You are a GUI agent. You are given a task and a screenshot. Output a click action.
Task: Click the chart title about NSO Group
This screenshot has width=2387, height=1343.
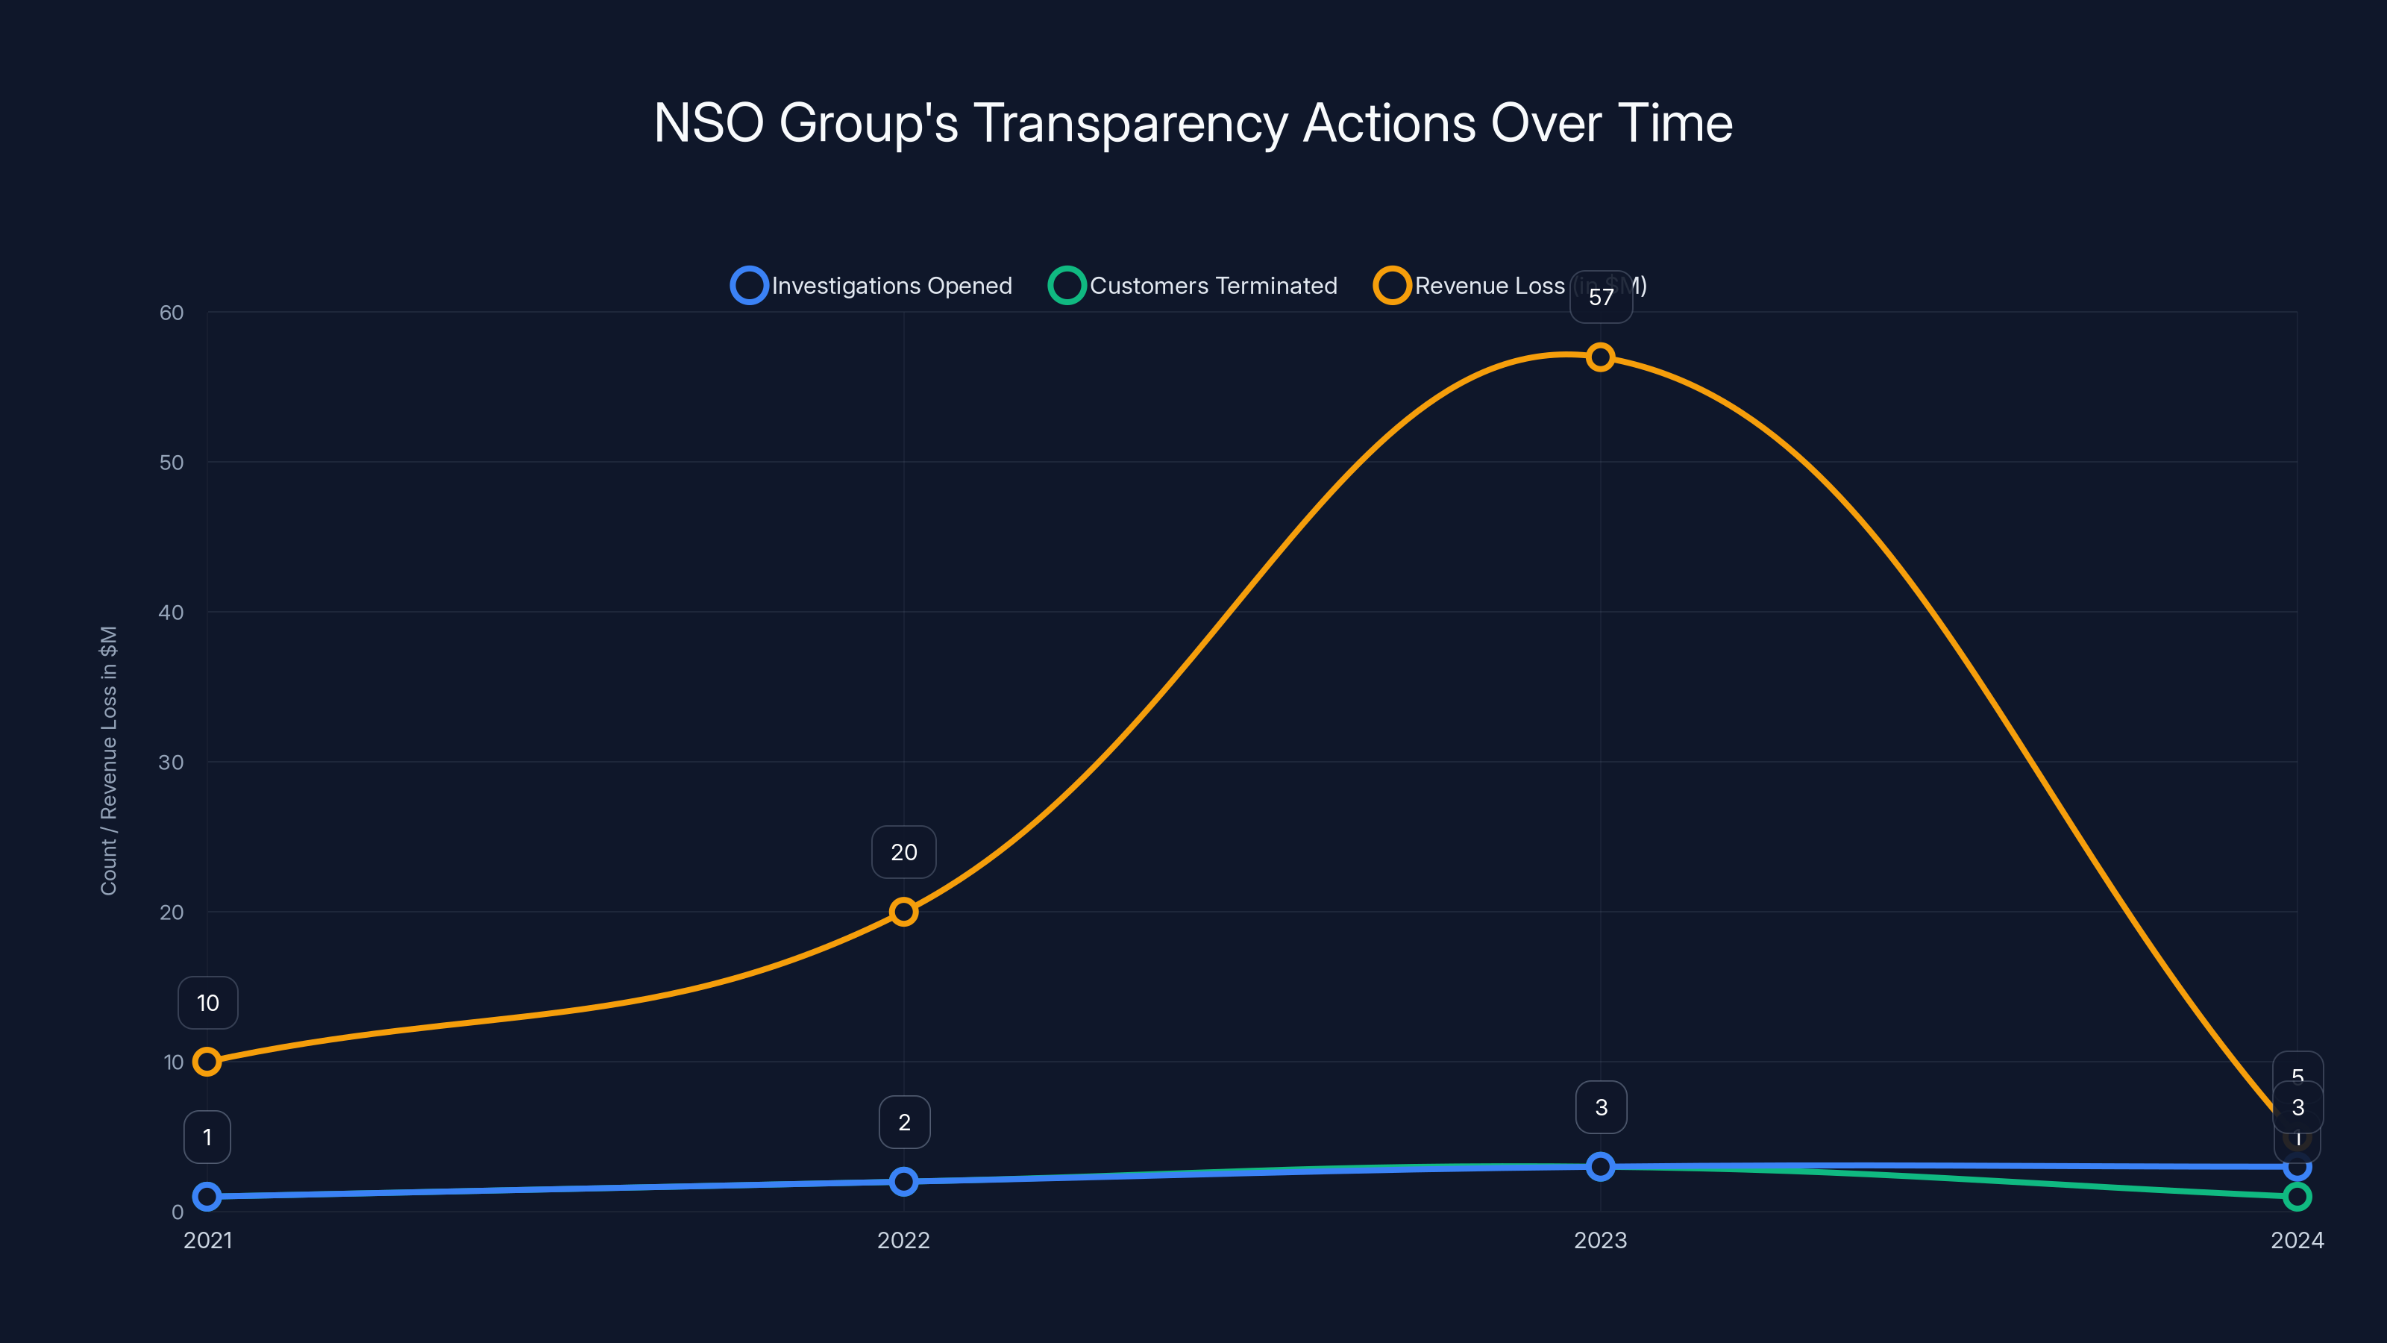(x=1193, y=123)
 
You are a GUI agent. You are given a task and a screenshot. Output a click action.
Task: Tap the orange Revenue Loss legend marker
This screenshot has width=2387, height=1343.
(x=1392, y=286)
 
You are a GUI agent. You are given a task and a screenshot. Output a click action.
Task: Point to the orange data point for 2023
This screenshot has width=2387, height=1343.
(x=1600, y=357)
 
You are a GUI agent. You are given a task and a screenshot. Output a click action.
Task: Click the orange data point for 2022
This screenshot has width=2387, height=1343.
(x=903, y=912)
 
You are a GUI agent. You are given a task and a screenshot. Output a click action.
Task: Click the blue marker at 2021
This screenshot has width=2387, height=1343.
(x=207, y=1197)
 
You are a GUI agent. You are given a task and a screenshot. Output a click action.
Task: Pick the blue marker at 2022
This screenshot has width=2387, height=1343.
(x=903, y=1182)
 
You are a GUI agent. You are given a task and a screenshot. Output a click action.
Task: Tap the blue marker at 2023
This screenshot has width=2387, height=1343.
(x=1600, y=1167)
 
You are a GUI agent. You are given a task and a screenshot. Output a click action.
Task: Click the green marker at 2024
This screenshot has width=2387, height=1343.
(x=2297, y=1197)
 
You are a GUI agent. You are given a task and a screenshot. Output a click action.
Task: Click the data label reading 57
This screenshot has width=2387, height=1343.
(x=1600, y=298)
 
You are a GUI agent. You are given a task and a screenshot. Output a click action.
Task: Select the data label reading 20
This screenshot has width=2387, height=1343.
(x=903, y=853)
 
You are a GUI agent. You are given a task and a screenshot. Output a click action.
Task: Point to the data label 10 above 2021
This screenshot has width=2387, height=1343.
(x=207, y=1003)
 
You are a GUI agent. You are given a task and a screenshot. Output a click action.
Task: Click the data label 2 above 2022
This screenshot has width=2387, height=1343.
(x=903, y=1122)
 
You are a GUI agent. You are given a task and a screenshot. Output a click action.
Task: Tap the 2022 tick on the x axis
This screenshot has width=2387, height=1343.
(x=903, y=1240)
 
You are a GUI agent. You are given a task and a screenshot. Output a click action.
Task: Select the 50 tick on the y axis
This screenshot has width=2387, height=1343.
(x=172, y=463)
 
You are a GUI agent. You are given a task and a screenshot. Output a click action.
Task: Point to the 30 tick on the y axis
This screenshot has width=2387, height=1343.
(x=172, y=762)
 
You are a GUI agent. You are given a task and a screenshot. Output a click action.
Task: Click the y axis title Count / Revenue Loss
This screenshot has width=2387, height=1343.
(x=108, y=761)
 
